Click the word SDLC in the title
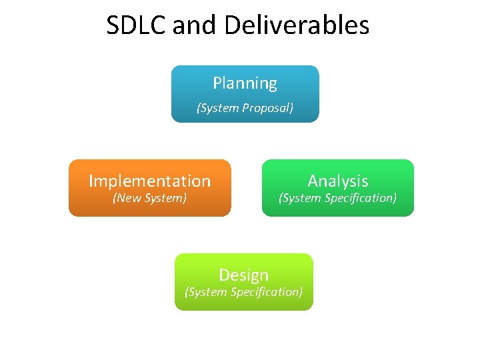[x=137, y=26]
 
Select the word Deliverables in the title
[x=297, y=26]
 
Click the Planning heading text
[x=245, y=83]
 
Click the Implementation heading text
[x=149, y=181]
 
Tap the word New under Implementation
[x=127, y=198]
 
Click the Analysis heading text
[x=337, y=181]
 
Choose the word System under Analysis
[x=301, y=198]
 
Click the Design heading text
[x=243, y=275]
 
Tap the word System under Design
[x=207, y=292]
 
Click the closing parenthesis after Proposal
[x=291, y=108]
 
